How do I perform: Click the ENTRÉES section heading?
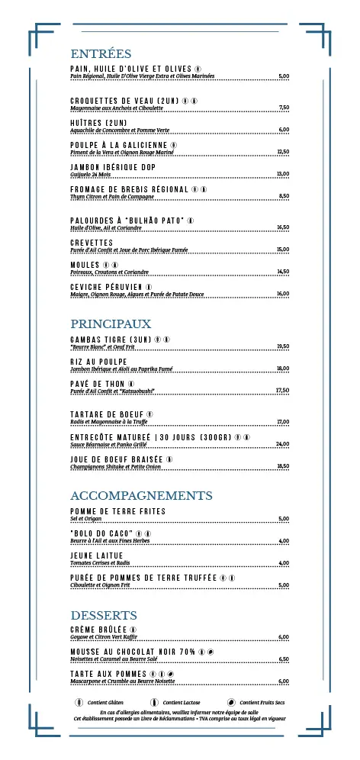pos(101,54)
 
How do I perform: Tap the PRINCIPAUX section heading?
pos(111,324)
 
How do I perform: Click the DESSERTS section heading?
pos(104,615)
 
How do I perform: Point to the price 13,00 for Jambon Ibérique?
pos(282,174)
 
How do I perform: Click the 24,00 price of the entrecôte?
pos(282,444)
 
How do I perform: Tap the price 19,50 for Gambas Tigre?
pos(282,346)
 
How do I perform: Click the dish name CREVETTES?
pos(92,243)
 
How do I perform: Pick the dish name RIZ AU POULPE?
pos(98,362)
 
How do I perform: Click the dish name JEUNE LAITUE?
pos(96,556)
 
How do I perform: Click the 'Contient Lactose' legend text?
pos(182,702)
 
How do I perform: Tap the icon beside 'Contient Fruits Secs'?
pos(231,702)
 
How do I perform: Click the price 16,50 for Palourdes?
pos(282,227)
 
